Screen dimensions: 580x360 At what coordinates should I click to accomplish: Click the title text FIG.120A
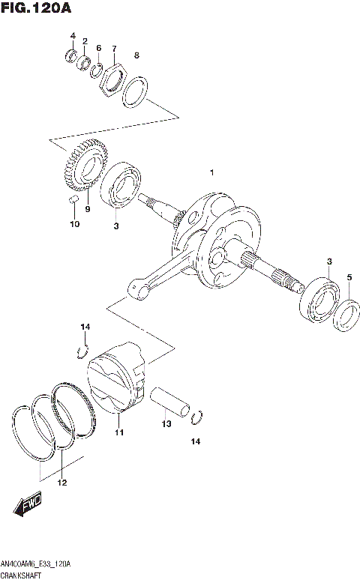click(34, 9)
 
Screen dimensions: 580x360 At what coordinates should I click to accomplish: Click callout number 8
click(136, 55)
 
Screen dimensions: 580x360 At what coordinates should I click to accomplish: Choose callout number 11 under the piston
click(118, 433)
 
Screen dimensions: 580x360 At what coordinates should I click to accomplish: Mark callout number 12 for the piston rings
click(62, 482)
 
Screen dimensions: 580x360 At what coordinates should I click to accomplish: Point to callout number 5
click(349, 278)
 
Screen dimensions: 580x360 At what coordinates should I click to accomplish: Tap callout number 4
click(73, 36)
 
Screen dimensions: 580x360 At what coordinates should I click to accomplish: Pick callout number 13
click(166, 424)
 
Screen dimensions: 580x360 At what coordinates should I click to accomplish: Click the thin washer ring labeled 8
click(136, 93)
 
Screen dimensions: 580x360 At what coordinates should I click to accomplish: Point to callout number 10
click(73, 224)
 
